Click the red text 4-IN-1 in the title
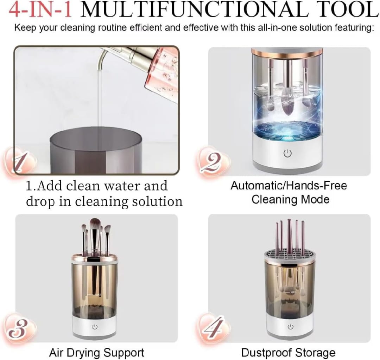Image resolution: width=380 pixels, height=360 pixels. (x=40, y=10)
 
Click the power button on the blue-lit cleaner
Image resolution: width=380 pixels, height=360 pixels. (x=287, y=154)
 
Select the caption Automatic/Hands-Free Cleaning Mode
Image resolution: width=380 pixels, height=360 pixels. (x=289, y=192)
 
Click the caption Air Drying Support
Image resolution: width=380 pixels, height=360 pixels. (x=96, y=352)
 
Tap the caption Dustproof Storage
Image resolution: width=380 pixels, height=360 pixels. (x=288, y=352)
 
